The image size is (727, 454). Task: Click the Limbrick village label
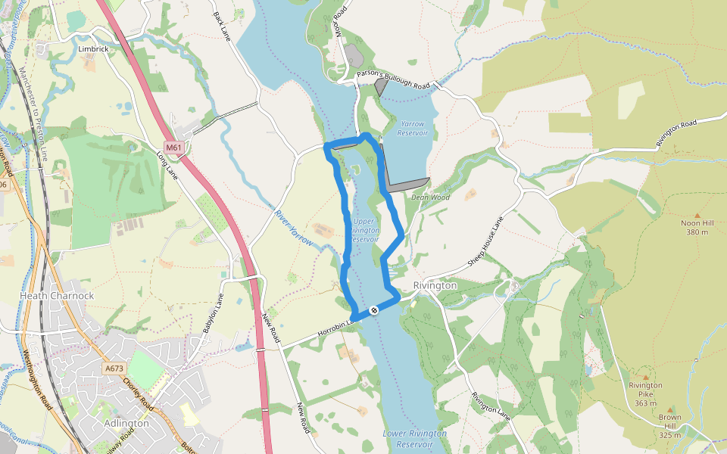(94, 48)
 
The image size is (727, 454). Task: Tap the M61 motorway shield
(173, 146)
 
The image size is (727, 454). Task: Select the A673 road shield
(114, 368)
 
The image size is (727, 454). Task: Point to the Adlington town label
(127, 423)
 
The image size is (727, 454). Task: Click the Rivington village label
(435, 285)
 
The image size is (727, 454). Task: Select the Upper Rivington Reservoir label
(366, 230)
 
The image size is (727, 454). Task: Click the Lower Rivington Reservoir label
(414, 438)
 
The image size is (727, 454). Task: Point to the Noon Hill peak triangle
(697, 216)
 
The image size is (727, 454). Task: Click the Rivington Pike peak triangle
(645, 376)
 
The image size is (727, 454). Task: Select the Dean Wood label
(430, 197)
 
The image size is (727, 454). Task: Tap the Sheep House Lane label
(485, 241)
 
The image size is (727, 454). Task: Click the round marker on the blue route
(374, 311)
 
